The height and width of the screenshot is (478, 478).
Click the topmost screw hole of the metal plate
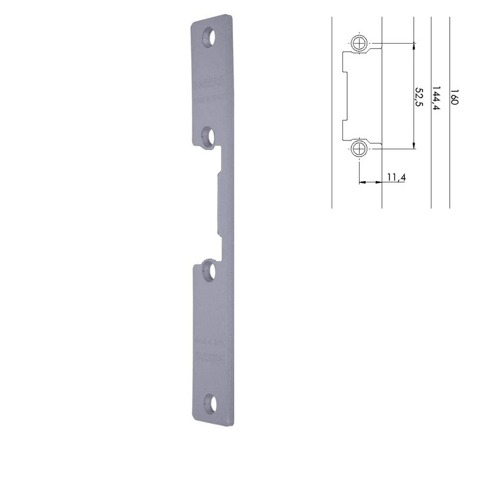point(209,36)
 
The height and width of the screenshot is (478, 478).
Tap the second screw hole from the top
point(209,137)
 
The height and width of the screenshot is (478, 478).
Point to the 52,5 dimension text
point(419,96)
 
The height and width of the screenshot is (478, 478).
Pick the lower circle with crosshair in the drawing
point(359,148)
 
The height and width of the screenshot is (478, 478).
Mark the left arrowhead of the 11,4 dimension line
point(361,182)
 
